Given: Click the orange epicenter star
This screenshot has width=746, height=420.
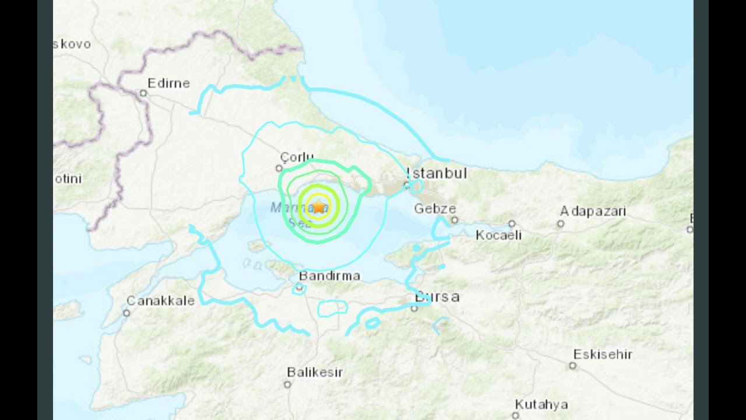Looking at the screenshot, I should tap(319, 206).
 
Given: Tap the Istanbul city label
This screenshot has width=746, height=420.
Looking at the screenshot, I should tap(437, 173).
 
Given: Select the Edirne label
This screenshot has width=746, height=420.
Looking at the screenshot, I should tap(168, 83).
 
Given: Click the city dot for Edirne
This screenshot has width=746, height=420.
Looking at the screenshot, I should tap(143, 93).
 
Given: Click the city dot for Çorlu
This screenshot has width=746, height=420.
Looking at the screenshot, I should tap(279, 169).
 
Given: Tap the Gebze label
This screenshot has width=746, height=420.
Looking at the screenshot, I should tap(435, 209).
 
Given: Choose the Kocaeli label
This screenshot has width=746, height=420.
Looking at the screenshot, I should tap(499, 235).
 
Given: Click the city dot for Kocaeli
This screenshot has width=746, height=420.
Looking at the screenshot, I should tap(511, 223).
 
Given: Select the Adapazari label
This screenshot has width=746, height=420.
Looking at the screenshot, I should tap(593, 211).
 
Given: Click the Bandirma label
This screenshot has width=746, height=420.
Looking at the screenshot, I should tap(329, 276).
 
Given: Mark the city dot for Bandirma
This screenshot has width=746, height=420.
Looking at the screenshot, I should tap(300, 287).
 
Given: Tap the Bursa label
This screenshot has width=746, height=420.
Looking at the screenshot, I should tap(437, 297).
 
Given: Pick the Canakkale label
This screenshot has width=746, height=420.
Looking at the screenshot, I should tap(160, 301).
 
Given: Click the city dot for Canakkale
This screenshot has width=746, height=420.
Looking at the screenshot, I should tap(126, 313).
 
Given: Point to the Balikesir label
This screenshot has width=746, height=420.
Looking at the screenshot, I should tap(315, 372).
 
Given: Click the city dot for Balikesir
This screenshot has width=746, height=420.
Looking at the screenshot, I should tap(287, 384).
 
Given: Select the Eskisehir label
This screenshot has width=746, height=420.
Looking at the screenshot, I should tap(603, 354).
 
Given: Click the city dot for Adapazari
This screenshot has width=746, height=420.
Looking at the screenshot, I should tap(561, 223).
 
